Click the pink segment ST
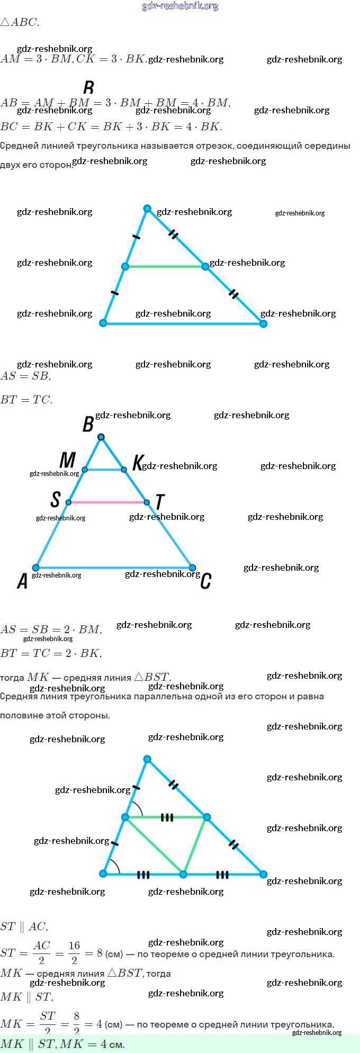(x=107, y=502)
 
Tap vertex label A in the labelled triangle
(x=22, y=581)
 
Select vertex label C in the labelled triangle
(x=206, y=581)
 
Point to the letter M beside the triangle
(x=67, y=460)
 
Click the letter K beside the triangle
(x=137, y=462)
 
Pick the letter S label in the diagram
(x=56, y=499)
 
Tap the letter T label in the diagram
(x=160, y=502)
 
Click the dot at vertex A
(x=36, y=568)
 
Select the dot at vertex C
(x=193, y=568)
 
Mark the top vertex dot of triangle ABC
(x=101, y=437)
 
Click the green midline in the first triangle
(x=165, y=266)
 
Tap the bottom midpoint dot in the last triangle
(x=183, y=874)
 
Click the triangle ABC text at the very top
(x=20, y=22)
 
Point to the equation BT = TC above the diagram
(x=26, y=400)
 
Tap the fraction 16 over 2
(x=74, y=952)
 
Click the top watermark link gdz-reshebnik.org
(x=180, y=6)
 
